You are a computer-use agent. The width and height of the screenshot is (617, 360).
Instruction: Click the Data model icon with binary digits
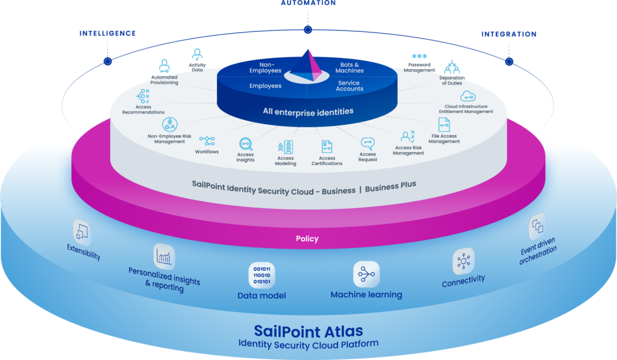(x=262, y=275)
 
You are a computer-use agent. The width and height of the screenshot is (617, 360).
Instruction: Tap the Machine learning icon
(x=366, y=274)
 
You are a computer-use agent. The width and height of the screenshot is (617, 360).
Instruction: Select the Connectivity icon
(x=463, y=261)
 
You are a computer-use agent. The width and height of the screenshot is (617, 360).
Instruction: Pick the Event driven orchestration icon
(x=537, y=227)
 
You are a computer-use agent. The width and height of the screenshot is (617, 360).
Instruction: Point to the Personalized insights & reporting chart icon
(x=164, y=256)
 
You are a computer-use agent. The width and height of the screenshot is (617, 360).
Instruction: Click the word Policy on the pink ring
(x=307, y=239)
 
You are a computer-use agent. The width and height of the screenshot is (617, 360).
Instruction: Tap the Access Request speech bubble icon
(x=368, y=144)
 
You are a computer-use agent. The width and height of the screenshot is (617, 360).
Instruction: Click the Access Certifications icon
(x=327, y=147)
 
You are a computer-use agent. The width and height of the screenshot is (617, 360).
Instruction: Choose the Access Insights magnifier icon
(x=246, y=144)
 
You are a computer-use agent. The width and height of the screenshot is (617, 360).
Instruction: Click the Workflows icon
(x=207, y=141)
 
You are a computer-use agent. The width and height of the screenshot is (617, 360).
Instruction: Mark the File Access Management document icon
(x=444, y=125)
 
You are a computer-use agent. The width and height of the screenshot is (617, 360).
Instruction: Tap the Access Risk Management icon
(x=408, y=137)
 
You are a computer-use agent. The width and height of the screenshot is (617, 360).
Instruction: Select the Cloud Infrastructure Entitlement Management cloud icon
(x=468, y=97)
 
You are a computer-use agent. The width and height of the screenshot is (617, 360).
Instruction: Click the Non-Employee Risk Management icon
(x=169, y=124)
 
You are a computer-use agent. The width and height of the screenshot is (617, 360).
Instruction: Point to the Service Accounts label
(x=349, y=86)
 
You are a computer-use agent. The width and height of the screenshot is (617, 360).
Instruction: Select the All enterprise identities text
(x=308, y=112)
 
